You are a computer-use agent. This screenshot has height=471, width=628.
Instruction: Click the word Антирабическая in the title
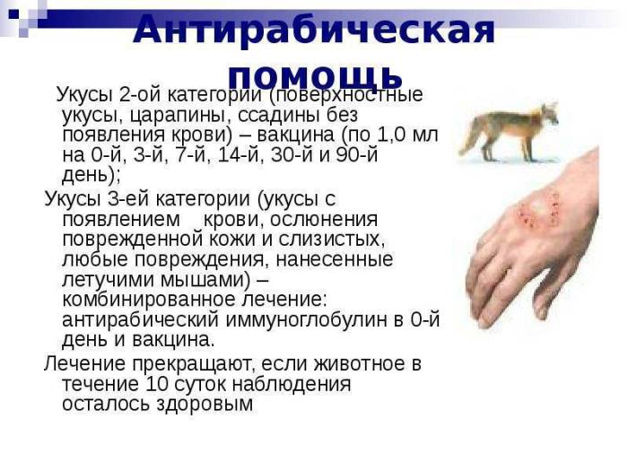(x=314, y=30)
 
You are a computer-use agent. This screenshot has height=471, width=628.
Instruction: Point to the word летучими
(x=107, y=280)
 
